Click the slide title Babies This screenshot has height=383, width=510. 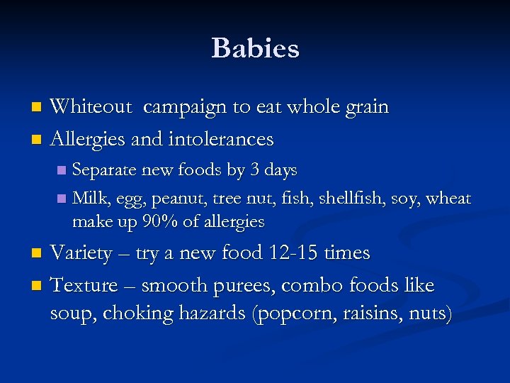pyautogui.click(x=255, y=48)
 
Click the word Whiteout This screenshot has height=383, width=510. pyautogui.click(x=91, y=107)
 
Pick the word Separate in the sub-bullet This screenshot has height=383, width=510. pyautogui.click(x=105, y=171)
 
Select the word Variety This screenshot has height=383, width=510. pyautogui.click(x=84, y=253)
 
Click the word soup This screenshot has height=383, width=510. pyautogui.click(x=71, y=313)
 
